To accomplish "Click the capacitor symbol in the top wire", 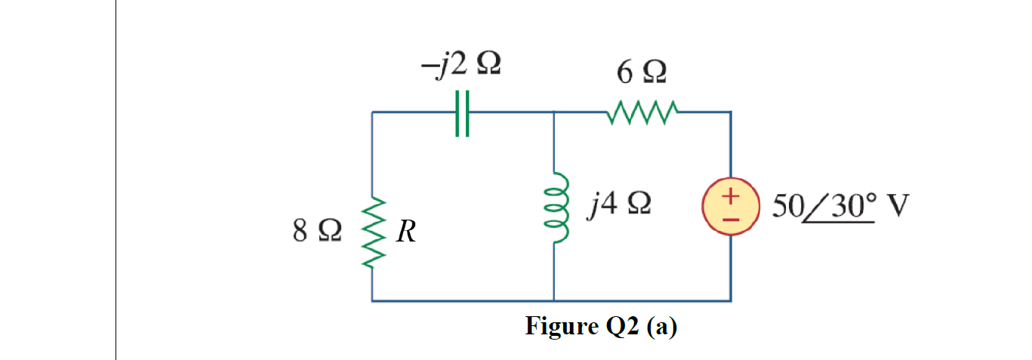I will click(x=463, y=113).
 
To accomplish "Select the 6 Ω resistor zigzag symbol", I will click(x=642, y=112).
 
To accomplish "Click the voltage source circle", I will click(x=730, y=207).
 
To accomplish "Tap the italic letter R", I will click(x=406, y=232).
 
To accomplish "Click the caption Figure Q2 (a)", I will click(x=601, y=327).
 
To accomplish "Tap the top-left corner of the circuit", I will click(x=373, y=113).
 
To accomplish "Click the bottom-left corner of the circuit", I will click(x=373, y=300).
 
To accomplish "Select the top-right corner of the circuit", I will click(x=730, y=113).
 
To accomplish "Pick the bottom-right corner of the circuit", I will click(x=730, y=300).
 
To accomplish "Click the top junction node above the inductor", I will click(x=555, y=113).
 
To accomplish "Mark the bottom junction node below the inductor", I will click(x=555, y=300).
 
